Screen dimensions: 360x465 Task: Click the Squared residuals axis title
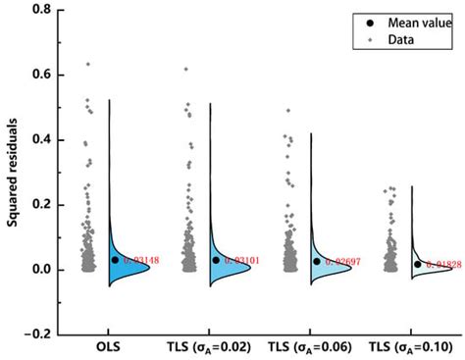click(14, 173)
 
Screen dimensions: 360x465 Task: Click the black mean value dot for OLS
click(114, 260)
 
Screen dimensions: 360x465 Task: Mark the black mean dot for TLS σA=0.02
click(216, 260)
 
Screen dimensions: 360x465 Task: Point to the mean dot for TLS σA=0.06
click(317, 261)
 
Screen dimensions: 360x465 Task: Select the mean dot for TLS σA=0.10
click(418, 264)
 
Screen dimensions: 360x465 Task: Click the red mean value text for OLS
click(139, 260)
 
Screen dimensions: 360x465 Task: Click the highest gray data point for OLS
click(88, 65)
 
